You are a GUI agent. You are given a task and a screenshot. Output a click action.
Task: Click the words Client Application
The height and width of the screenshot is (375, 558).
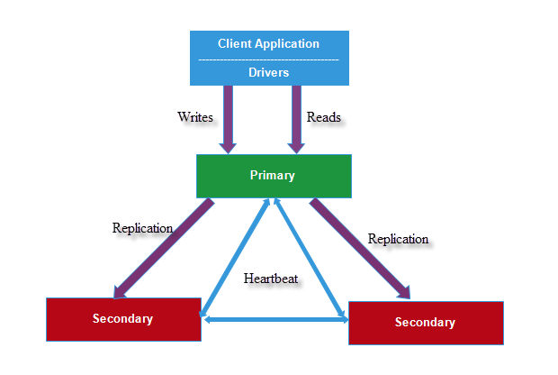point(268,43)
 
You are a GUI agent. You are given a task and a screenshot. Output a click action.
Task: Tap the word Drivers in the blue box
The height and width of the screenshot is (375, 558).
point(268,72)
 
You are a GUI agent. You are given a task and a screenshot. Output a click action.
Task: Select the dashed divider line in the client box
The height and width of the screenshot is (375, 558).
point(268,59)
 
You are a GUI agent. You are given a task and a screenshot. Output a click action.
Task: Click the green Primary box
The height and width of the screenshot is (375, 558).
point(225,176)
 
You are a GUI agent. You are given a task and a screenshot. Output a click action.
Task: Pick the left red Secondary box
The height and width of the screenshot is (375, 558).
point(81,319)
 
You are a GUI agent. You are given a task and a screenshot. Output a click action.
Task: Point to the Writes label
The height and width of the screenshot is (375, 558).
point(195,117)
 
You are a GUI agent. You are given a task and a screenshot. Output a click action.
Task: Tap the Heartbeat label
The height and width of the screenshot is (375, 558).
point(271,279)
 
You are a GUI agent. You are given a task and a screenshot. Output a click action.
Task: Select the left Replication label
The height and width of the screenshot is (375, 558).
point(142,228)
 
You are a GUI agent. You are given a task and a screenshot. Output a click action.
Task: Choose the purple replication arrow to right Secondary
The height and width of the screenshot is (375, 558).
point(360,248)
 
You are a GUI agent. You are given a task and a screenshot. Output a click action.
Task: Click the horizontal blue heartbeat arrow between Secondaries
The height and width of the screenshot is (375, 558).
point(274,317)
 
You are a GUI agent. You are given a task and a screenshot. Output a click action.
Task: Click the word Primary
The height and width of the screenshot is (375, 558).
point(273,176)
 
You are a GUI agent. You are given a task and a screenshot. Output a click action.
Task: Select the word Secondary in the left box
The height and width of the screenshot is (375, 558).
point(122,318)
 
